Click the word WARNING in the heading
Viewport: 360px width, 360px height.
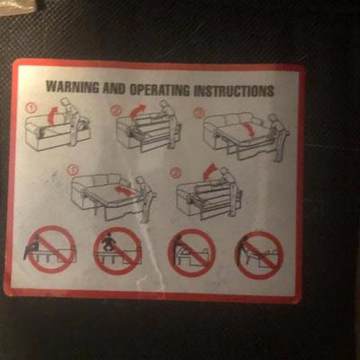click(72, 87)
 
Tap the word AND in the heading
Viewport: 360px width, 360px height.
click(114, 88)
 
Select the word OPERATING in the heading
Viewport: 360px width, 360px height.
click(159, 89)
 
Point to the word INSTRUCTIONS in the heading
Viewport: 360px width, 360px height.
click(234, 90)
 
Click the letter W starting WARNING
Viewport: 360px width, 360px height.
click(50, 86)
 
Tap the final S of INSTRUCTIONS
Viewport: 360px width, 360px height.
click(271, 91)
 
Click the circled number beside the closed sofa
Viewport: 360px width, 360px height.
click(31, 107)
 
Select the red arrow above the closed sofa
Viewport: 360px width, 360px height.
click(53, 116)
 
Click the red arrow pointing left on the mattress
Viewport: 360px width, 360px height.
click(124, 191)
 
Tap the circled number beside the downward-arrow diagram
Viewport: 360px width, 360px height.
click(199, 112)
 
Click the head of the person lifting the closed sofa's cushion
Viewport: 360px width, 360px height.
click(67, 102)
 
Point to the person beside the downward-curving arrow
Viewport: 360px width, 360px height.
click(278, 137)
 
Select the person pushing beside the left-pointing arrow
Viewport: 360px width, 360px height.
click(146, 199)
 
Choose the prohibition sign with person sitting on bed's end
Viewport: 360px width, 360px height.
click(51, 249)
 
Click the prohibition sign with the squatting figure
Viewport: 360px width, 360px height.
click(118, 251)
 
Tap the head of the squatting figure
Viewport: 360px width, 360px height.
click(106, 235)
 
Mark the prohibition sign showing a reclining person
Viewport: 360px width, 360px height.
click(259, 255)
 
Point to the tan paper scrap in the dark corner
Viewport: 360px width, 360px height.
click(19, 4)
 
